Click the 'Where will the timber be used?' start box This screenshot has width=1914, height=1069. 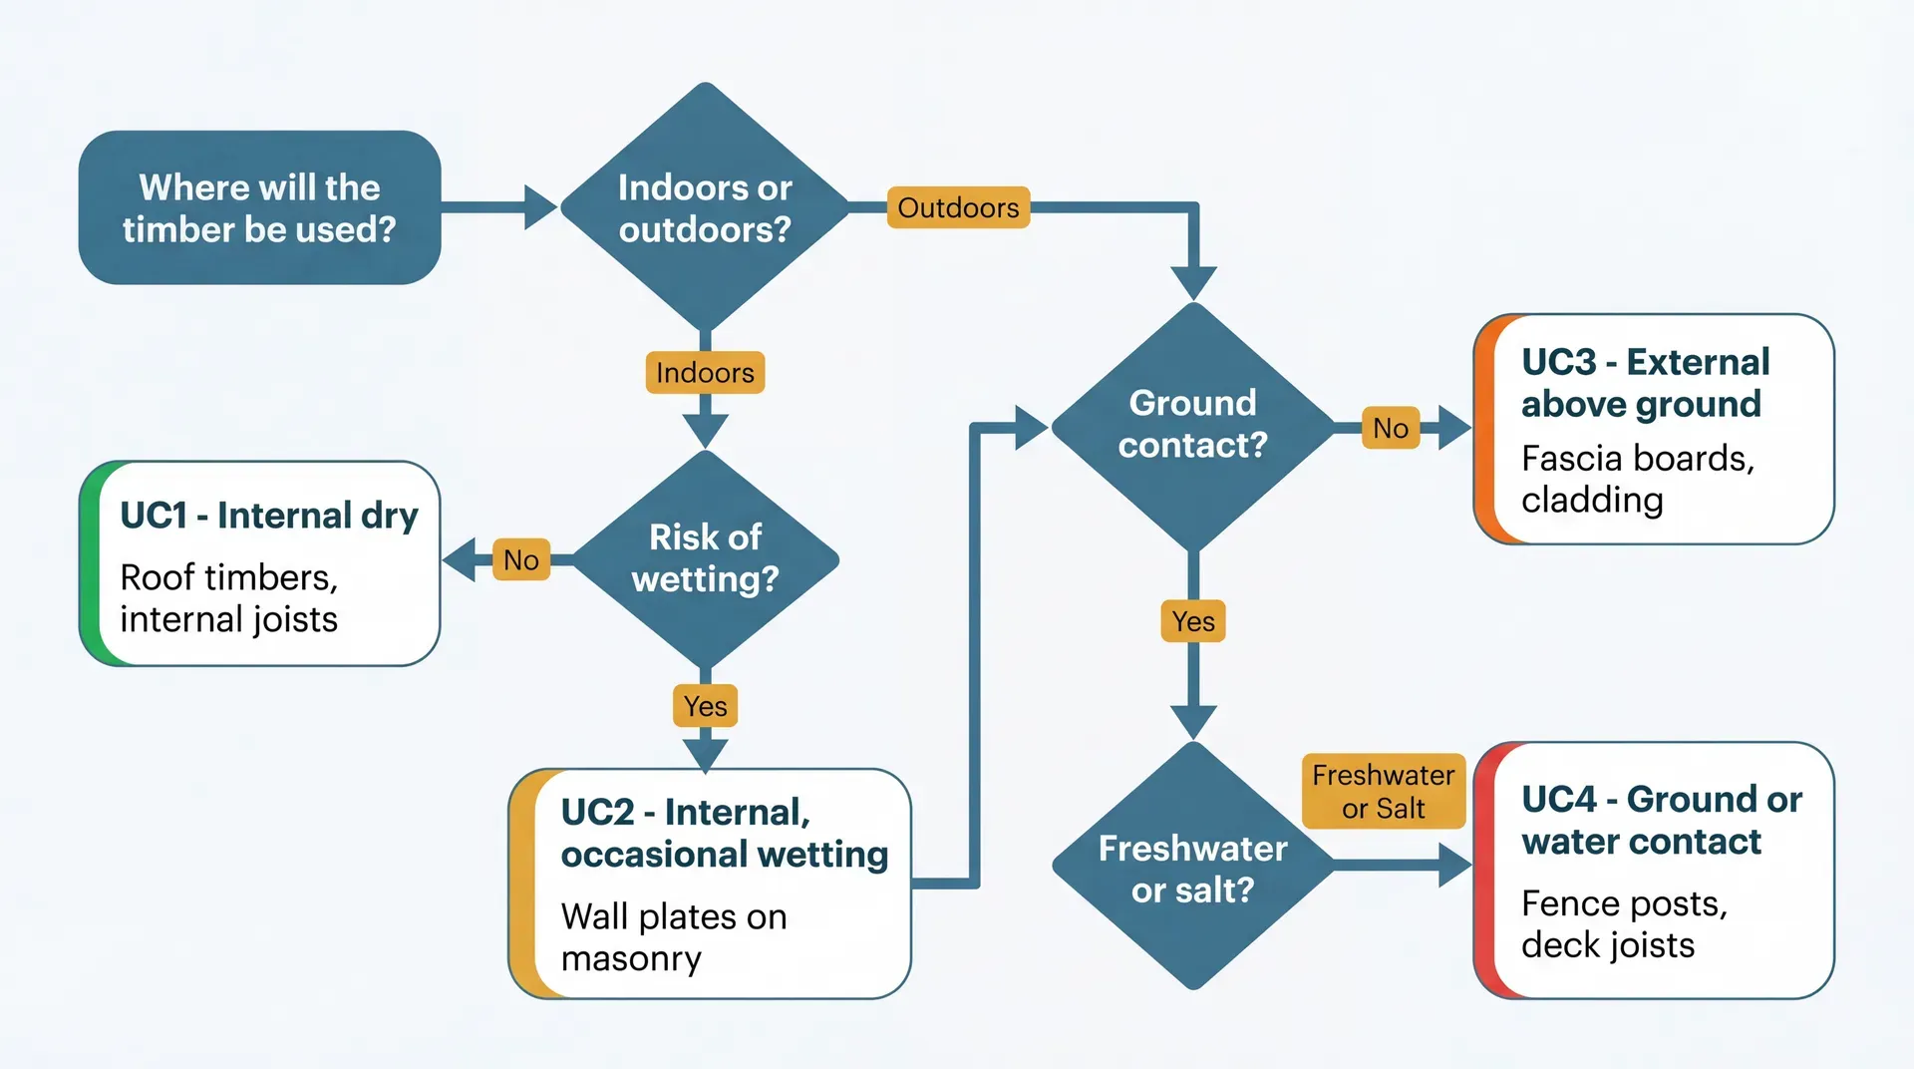(x=259, y=207)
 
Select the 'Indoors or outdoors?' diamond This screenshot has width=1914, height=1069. (x=705, y=207)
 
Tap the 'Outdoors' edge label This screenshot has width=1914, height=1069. (x=958, y=207)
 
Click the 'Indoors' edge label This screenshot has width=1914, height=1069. (x=705, y=372)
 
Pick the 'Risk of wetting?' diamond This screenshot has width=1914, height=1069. (x=705, y=558)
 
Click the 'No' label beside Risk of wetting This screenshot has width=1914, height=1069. (x=521, y=559)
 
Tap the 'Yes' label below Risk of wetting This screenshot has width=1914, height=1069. (x=705, y=706)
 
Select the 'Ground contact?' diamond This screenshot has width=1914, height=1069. (x=1192, y=425)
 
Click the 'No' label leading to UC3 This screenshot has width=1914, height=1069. (x=1391, y=428)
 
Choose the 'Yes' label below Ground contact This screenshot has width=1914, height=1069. (x=1193, y=621)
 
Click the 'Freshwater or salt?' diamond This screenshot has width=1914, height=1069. (x=1192, y=868)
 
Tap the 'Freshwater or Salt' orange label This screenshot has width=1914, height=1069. (x=1383, y=791)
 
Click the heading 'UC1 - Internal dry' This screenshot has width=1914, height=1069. (x=269, y=516)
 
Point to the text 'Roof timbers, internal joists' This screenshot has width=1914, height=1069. (x=229, y=598)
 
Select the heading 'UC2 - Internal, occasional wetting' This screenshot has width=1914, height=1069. (x=724, y=833)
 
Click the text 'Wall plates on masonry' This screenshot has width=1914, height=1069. (x=674, y=936)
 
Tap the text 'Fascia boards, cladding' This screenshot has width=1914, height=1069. (x=1637, y=479)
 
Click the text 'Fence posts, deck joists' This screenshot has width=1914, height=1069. (x=1623, y=923)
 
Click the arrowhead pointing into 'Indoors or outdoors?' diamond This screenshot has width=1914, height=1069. (x=539, y=207)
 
